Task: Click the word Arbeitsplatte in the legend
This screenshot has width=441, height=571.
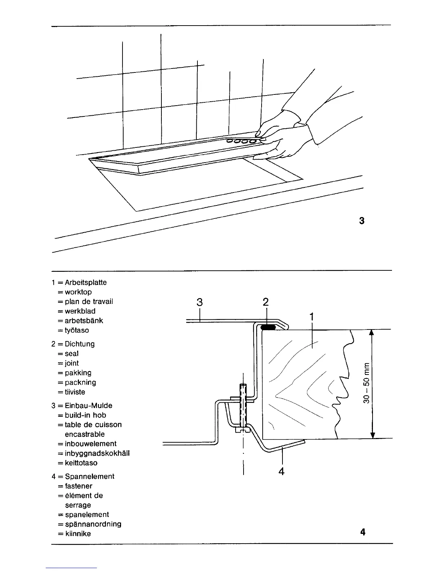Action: [86, 283]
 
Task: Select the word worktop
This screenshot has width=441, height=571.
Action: [78, 292]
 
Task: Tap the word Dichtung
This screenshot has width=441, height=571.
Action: [80, 344]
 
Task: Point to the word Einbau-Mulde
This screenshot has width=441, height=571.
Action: [89, 406]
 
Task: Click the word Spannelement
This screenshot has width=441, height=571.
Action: [90, 477]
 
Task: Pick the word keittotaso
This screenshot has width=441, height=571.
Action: [81, 463]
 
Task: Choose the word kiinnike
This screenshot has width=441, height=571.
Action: [78, 534]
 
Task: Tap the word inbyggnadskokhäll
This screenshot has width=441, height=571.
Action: [97, 453]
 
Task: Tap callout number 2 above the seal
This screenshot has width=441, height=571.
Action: [266, 302]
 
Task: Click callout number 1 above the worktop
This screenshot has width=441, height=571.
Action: [312, 317]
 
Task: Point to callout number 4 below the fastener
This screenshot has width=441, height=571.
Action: [282, 471]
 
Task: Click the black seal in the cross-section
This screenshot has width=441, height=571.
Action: [268, 327]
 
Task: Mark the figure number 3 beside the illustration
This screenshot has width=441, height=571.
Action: [362, 221]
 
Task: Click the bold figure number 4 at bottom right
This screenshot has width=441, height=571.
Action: [362, 532]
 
